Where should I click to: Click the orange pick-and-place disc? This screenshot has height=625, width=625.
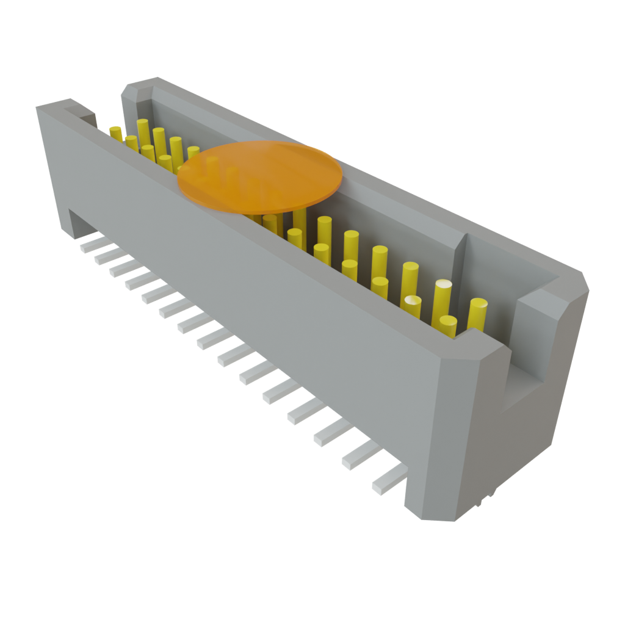point(259,177)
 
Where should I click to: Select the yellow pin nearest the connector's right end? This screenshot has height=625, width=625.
point(477,314)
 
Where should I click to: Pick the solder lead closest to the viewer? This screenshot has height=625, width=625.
point(388,479)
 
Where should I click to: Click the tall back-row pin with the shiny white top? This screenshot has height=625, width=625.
point(442,299)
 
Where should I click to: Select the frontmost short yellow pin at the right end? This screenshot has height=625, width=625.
point(448,327)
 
